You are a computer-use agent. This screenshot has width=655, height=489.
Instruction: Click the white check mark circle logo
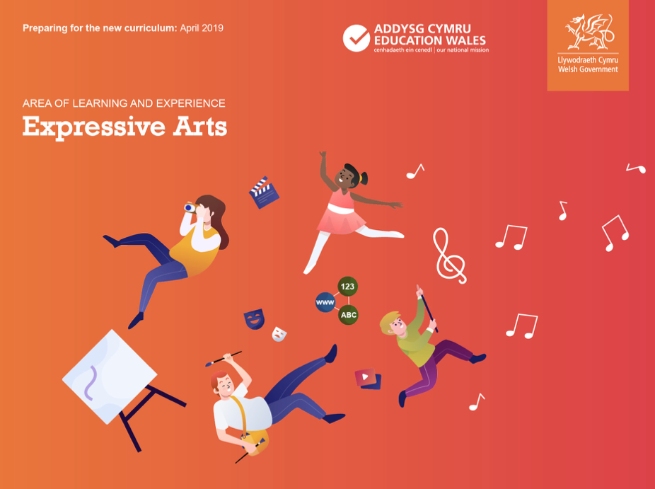click(357, 38)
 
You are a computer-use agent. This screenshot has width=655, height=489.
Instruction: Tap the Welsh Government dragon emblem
click(589, 32)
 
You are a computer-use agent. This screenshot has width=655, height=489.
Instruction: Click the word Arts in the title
click(200, 126)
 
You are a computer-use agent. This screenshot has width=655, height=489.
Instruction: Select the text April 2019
click(202, 28)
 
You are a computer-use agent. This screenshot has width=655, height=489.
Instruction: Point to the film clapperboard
click(264, 192)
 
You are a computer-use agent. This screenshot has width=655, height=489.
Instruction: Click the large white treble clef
click(449, 255)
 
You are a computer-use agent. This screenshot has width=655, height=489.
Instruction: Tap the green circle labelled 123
click(347, 287)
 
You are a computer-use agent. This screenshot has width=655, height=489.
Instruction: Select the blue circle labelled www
click(325, 302)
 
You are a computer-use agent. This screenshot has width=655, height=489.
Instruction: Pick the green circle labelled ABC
click(349, 315)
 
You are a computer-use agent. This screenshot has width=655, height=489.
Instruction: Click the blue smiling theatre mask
click(254, 319)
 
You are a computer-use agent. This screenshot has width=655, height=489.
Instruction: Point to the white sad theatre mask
click(279, 334)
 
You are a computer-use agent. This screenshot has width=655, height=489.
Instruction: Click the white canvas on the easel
click(110, 376)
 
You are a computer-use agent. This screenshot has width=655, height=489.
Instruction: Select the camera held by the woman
click(190, 207)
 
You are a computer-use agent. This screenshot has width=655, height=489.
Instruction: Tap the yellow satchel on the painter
click(255, 440)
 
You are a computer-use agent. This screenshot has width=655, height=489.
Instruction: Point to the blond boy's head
click(393, 323)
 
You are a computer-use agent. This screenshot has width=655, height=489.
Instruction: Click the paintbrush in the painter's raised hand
click(224, 359)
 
